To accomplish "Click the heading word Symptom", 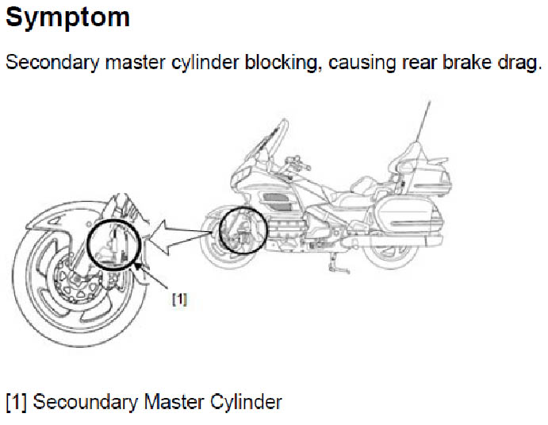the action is (x=67, y=18).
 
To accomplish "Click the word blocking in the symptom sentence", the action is (x=283, y=63).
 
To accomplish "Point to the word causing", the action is (x=362, y=64).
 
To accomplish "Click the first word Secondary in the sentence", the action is (x=53, y=63).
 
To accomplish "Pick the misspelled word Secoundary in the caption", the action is (x=86, y=402).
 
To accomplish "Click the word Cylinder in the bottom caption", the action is (x=246, y=401).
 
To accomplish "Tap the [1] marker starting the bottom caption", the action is (x=16, y=401).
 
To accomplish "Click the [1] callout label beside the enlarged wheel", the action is (x=180, y=299).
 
